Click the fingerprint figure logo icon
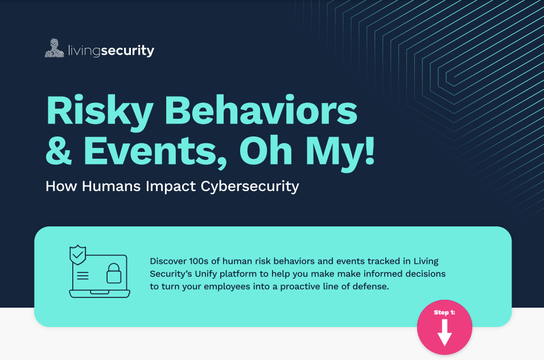pos(55,48)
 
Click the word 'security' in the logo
pos(127,51)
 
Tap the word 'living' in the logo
pos(84,51)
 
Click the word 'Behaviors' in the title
pos(261,110)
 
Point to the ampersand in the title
pos(59,151)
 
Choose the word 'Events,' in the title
pos(155,152)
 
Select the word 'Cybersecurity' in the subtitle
pos(250,187)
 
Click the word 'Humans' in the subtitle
pos(111,186)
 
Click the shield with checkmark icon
pos(78,255)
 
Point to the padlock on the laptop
pos(113,274)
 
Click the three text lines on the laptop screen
pos(83,276)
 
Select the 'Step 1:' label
pos(444,312)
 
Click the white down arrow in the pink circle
pos(444,333)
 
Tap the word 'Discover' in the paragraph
pos(168,261)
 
